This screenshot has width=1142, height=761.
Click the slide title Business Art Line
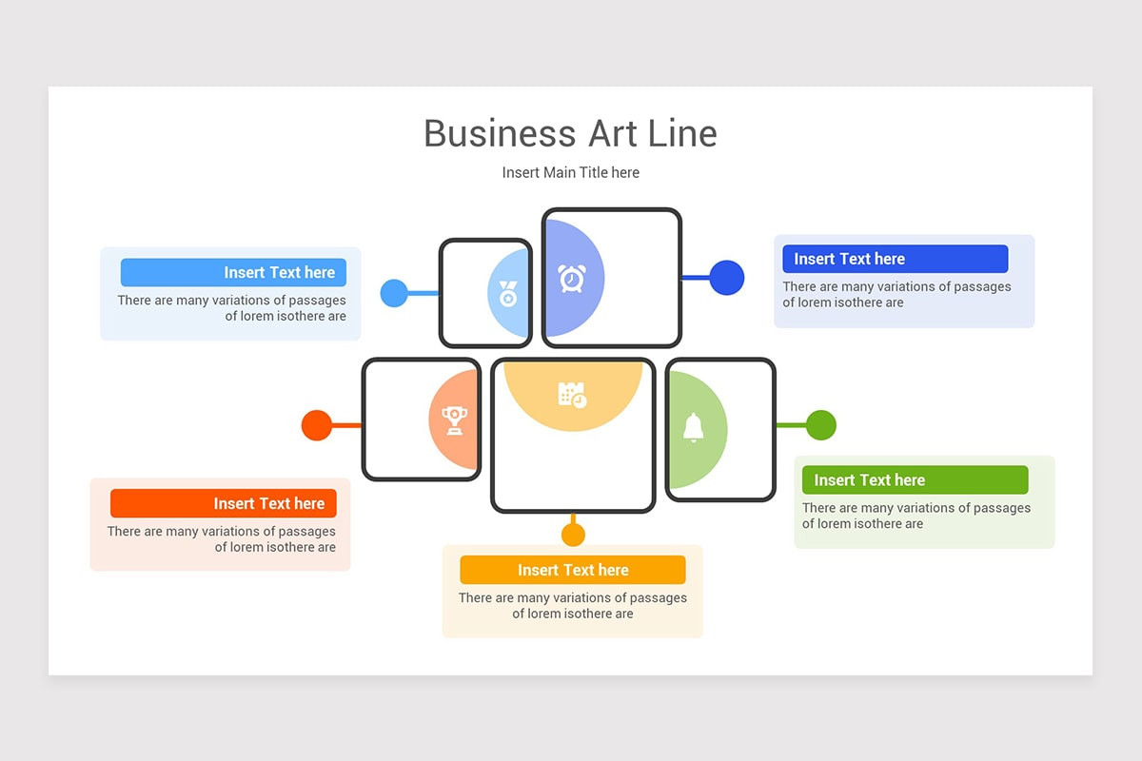click(570, 133)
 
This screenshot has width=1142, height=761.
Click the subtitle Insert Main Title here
click(570, 172)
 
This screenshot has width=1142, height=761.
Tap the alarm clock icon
click(571, 278)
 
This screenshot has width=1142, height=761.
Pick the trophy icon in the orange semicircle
click(454, 420)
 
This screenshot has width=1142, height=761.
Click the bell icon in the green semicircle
click(694, 428)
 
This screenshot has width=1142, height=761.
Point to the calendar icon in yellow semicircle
click(572, 395)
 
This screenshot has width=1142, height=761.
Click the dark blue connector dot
click(726, 278)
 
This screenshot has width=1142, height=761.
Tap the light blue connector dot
click(394, 293)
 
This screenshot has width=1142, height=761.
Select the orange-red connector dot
click(317, 425)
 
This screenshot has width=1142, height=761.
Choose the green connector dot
click(820, 425)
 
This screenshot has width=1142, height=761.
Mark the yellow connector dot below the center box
click(573, 535)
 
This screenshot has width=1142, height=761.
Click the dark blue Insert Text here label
click(895, 259)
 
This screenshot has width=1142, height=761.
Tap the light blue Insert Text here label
click(233, 273)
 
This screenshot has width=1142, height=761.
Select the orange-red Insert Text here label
click(223, 503)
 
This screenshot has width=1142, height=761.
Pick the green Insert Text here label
click(915, 480)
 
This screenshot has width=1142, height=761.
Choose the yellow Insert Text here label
click(572, 570)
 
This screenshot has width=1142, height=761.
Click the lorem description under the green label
click(916, 516)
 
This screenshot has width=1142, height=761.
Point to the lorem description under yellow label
click(572, 606)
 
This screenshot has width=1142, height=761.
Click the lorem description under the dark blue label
click(896, 294)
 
